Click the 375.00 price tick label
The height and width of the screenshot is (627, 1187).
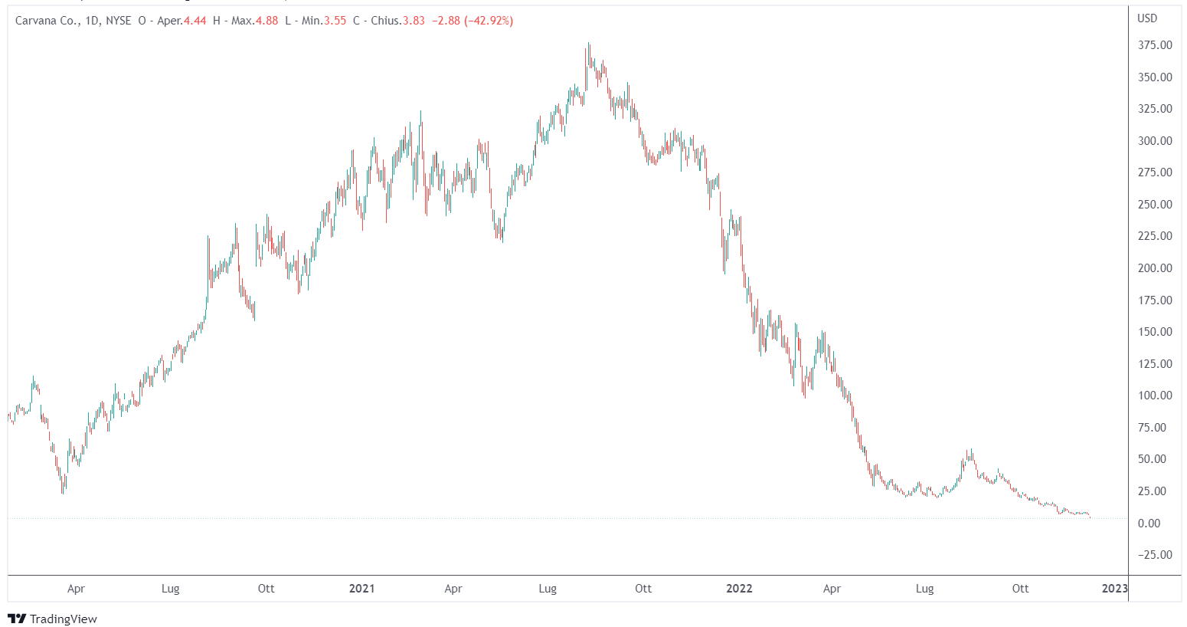click(x=1154, y=45)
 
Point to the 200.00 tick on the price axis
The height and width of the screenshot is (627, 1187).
click(x=1154, y=268)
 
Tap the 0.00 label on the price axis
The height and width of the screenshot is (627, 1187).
click(x=1149, y=524)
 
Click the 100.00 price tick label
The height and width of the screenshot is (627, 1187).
click(x=1154, y=396)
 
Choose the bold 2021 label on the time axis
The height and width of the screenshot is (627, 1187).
click(x=361, y=589)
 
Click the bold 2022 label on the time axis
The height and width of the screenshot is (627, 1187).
click(x=739, y=589)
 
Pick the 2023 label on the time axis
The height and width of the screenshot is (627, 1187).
click(x=1114, y=589)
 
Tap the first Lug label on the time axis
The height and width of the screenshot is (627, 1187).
click(x=170, y=589)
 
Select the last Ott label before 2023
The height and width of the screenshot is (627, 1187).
click(x=1020, y=589)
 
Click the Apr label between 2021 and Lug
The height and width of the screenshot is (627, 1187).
click(x=453, y=589)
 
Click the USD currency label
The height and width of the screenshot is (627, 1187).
click(x=1147, y=18)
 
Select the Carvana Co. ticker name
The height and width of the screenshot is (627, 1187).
click(x=46, y=21)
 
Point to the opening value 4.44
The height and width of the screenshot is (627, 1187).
click(x=195, y=21)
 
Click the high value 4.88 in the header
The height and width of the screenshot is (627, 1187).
click(x=267, y=21)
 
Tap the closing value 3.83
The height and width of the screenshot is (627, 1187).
click(x=414, y=21)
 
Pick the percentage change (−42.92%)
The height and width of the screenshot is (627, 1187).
click(x=489, y=21)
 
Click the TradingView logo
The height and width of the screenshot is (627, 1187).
click(x=52, y=619)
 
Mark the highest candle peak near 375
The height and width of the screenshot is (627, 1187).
click(x=589, y=44)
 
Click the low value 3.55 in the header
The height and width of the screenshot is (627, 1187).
click(x=335, y=21)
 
